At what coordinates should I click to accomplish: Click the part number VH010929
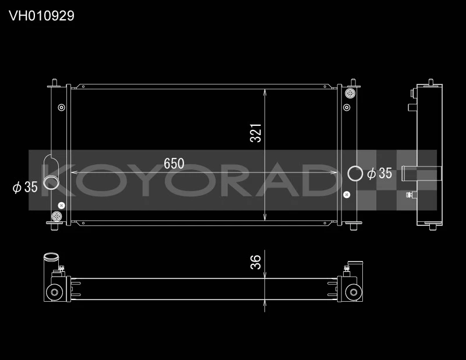(x=41, y=16)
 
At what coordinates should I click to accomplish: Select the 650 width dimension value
(x=174, y=164)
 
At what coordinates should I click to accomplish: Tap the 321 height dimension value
(x=256, y=133)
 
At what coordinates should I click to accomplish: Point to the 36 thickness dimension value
(x=256, y=263)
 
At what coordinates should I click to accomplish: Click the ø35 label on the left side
(x=25, y=187)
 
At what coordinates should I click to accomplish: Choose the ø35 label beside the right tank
(x=379, y=173)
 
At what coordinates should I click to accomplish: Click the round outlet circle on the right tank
(x=354, y=173)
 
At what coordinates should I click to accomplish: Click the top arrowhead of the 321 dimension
(x=265, y=91)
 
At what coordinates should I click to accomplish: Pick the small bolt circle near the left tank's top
(x=61, y=107)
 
